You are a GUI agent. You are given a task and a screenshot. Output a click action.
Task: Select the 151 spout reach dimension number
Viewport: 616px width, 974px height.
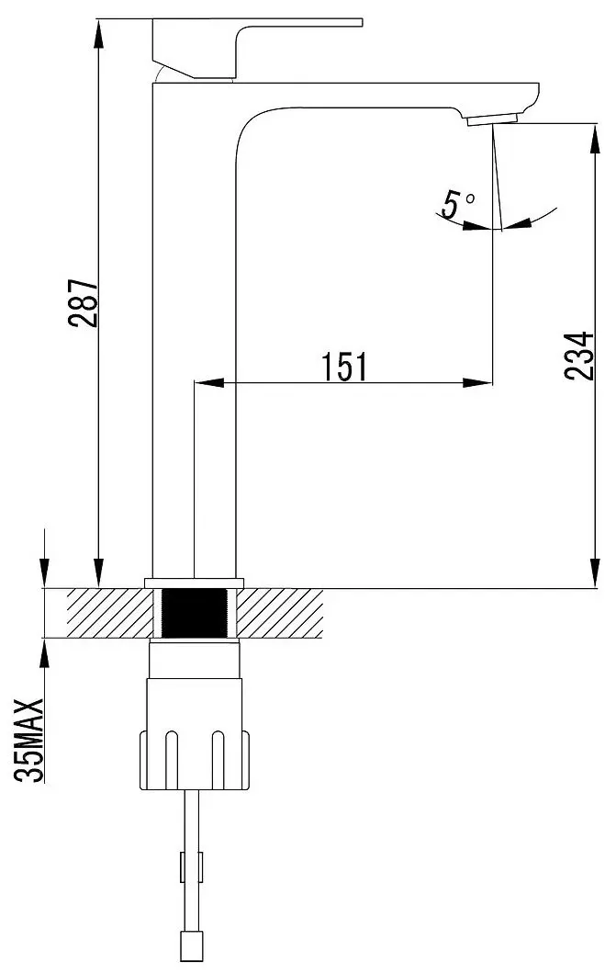[x=344, y=367]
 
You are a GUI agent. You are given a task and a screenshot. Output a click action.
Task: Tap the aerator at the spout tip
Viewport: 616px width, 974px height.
[x=493, y=119]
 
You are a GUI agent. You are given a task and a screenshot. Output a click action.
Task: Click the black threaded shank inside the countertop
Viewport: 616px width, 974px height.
[x=194, y=612]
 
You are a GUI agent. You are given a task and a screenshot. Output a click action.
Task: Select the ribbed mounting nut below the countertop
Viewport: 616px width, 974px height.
[x=194, y=757]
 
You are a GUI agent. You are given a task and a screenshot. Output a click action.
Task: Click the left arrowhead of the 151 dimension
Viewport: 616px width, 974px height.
[x=207, y=383]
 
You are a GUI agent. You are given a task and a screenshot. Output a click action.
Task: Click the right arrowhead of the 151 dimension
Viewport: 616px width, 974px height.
[x=478, y=383]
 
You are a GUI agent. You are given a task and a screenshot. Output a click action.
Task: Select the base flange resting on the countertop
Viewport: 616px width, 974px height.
[x=194, y=582]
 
